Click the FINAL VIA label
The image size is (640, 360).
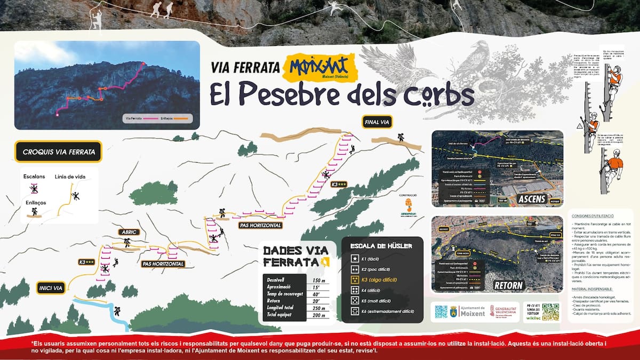(x=378, y=122)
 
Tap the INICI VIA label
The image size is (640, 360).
(x=51, y=289)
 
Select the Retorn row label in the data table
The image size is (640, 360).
(x=273, y=301)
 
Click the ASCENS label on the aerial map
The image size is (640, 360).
(x=531, y=199)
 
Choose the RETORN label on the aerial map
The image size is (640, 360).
(x=508, y=285)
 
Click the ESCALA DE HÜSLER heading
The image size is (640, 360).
(x=382, y=246)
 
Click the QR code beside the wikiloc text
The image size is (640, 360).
(x=550, y=312)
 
